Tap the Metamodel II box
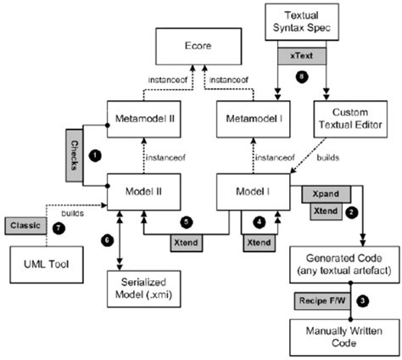(x=142, y=115)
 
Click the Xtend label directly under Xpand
(x=320, y=210)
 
